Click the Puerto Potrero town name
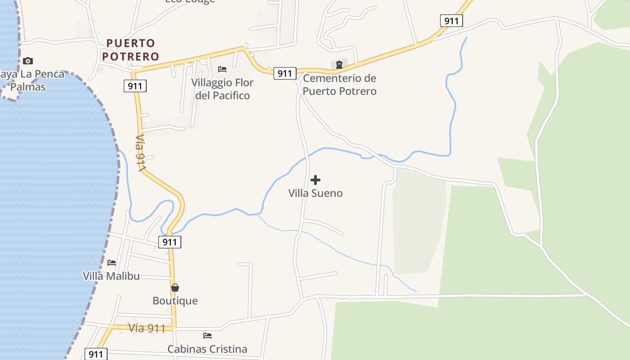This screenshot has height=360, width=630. click(x=130, y=49)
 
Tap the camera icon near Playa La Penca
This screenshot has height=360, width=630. click(x=27, y=61)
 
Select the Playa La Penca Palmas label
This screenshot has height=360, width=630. click(x=30, y=80)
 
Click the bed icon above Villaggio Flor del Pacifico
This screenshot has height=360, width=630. click(x=222, y=69)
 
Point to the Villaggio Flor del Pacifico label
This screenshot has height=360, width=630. click(x=222, y=89)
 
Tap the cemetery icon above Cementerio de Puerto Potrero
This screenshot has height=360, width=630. click(x=339, y=65)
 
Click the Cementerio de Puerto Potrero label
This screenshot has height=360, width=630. click(x=339, y=85)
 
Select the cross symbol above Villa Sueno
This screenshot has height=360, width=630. click(x=315, y=180)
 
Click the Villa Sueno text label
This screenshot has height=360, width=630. click(x=315, y=193)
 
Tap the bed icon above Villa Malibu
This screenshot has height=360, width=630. click(x=112, y=263)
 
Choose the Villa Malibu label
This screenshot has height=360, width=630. click(x=112, y=276)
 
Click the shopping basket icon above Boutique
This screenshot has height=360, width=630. click(x=175, y=288)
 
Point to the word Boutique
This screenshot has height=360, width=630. click(x=175, y=301)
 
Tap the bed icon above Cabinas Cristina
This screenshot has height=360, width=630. click(x=207, y=336)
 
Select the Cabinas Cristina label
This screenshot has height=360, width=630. click(x=207, y=349)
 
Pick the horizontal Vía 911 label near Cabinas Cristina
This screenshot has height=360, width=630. click(x=147, y=328)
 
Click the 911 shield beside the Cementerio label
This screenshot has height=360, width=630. click(x=285, y=73)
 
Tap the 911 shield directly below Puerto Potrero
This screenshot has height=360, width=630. click(x=135, y=86)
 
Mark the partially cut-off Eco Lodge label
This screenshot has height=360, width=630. click(x=190, y=1)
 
